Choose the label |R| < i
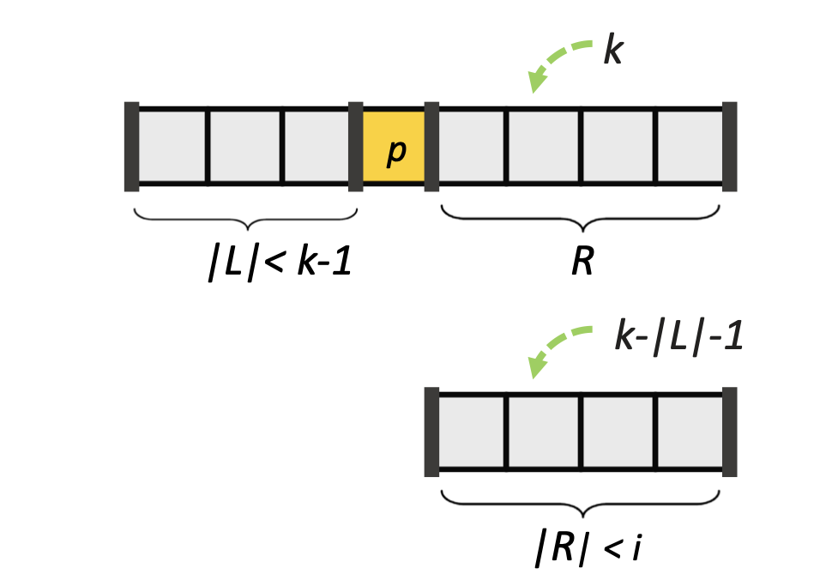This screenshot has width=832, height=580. click(x=588, y=549)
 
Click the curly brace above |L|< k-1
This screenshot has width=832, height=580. click(x=246, y=217)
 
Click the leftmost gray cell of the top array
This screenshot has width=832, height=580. click(x=172, y=146)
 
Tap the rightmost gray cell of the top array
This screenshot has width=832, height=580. click(x=690, y=146)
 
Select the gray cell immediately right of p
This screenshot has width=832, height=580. click(x=471, y=146)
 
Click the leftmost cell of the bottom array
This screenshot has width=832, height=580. click(x=471, y=432)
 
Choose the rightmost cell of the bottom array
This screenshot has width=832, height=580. click(x=690, y=432)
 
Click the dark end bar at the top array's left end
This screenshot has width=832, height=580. click(x=131, y=146)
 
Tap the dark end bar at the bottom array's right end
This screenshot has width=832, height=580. click(x=730, y=432)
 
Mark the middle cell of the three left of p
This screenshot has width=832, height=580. click(x=244, y=146)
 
